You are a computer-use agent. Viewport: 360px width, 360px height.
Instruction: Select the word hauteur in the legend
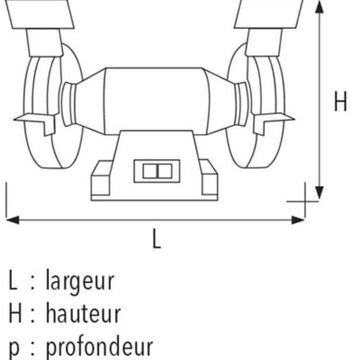point(83,313)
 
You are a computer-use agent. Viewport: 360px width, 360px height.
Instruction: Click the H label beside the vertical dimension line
point(340,101)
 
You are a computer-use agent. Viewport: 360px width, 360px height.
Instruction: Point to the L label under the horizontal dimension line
point(157,239)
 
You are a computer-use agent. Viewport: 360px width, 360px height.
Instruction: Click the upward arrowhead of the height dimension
point(319,7)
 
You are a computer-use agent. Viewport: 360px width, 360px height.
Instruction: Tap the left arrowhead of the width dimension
point(13,220)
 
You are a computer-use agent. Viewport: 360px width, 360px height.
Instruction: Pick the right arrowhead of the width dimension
point(298,220)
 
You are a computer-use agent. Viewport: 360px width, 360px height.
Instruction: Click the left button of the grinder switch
point(150,171)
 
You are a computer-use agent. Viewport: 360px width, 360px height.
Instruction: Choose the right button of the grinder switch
point(165,171)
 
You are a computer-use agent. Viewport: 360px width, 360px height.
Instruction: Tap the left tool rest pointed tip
point(14,119)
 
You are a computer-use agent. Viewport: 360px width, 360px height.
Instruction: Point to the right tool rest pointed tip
point(295,119)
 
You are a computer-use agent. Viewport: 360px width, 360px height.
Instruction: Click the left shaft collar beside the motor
point(68,104)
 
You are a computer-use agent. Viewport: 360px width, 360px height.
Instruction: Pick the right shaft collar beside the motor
point(242,104)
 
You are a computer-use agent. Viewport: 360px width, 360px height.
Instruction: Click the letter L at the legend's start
point(13,279)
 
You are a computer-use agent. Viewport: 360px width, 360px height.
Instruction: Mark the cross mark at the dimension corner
point(305,202)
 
